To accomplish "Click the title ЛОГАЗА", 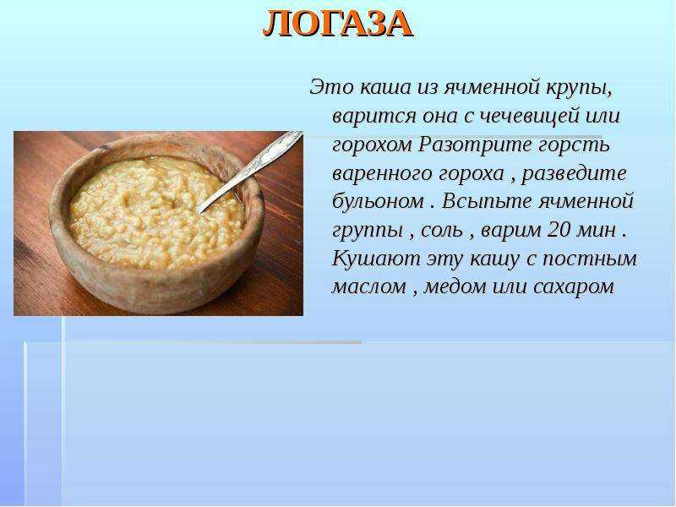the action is point(338,24).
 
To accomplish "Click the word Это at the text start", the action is point(331,87).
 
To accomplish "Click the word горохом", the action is point(372,145).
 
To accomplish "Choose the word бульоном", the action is point(378,201).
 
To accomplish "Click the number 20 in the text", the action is point(559,230).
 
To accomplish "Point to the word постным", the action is point(589,259).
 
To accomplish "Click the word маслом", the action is point(369,287).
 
